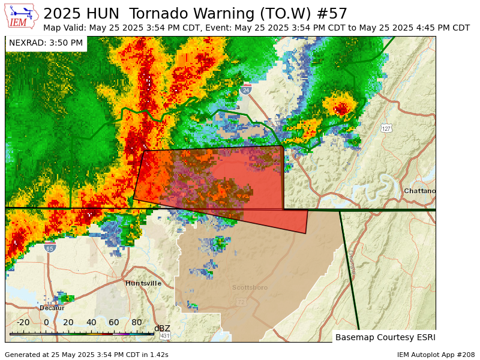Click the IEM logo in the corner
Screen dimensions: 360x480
22,16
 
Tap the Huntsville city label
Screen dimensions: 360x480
143,283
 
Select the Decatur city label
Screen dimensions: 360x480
52,308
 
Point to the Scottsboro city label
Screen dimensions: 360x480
250,288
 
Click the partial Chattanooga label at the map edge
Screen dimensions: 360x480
419,191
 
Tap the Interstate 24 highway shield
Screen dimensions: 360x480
245,90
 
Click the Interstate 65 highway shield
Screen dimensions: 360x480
49,247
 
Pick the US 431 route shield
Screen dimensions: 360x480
164,335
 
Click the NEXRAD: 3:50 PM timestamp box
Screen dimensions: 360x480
46,43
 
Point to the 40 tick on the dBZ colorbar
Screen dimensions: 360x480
91,322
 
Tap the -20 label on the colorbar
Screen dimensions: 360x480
23,322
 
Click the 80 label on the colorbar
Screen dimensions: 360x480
137,322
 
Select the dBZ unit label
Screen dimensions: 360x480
162,328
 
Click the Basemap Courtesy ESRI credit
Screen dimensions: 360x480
385,337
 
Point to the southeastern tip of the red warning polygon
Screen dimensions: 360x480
306,233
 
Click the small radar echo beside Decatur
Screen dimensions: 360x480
65,298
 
